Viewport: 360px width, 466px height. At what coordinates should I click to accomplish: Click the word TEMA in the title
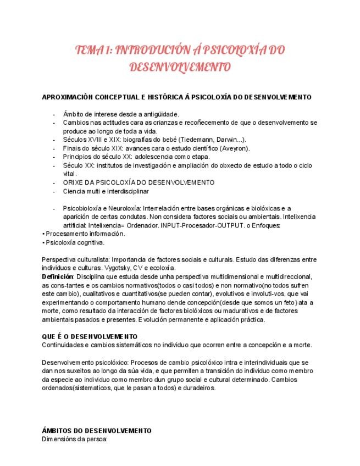click(87, 50)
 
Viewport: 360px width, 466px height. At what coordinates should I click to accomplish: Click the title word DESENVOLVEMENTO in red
click(179, 67)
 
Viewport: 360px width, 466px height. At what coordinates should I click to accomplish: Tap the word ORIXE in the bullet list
click(73, 182)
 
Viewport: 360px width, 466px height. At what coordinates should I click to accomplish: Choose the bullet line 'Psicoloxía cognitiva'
click(75, 242)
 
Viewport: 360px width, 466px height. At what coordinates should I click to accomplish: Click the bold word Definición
click(58, 276)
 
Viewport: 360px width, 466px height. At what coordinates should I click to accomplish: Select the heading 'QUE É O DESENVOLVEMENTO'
click(90, 336)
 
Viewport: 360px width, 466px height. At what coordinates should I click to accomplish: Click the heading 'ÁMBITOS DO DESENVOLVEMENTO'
click(96, 431)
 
